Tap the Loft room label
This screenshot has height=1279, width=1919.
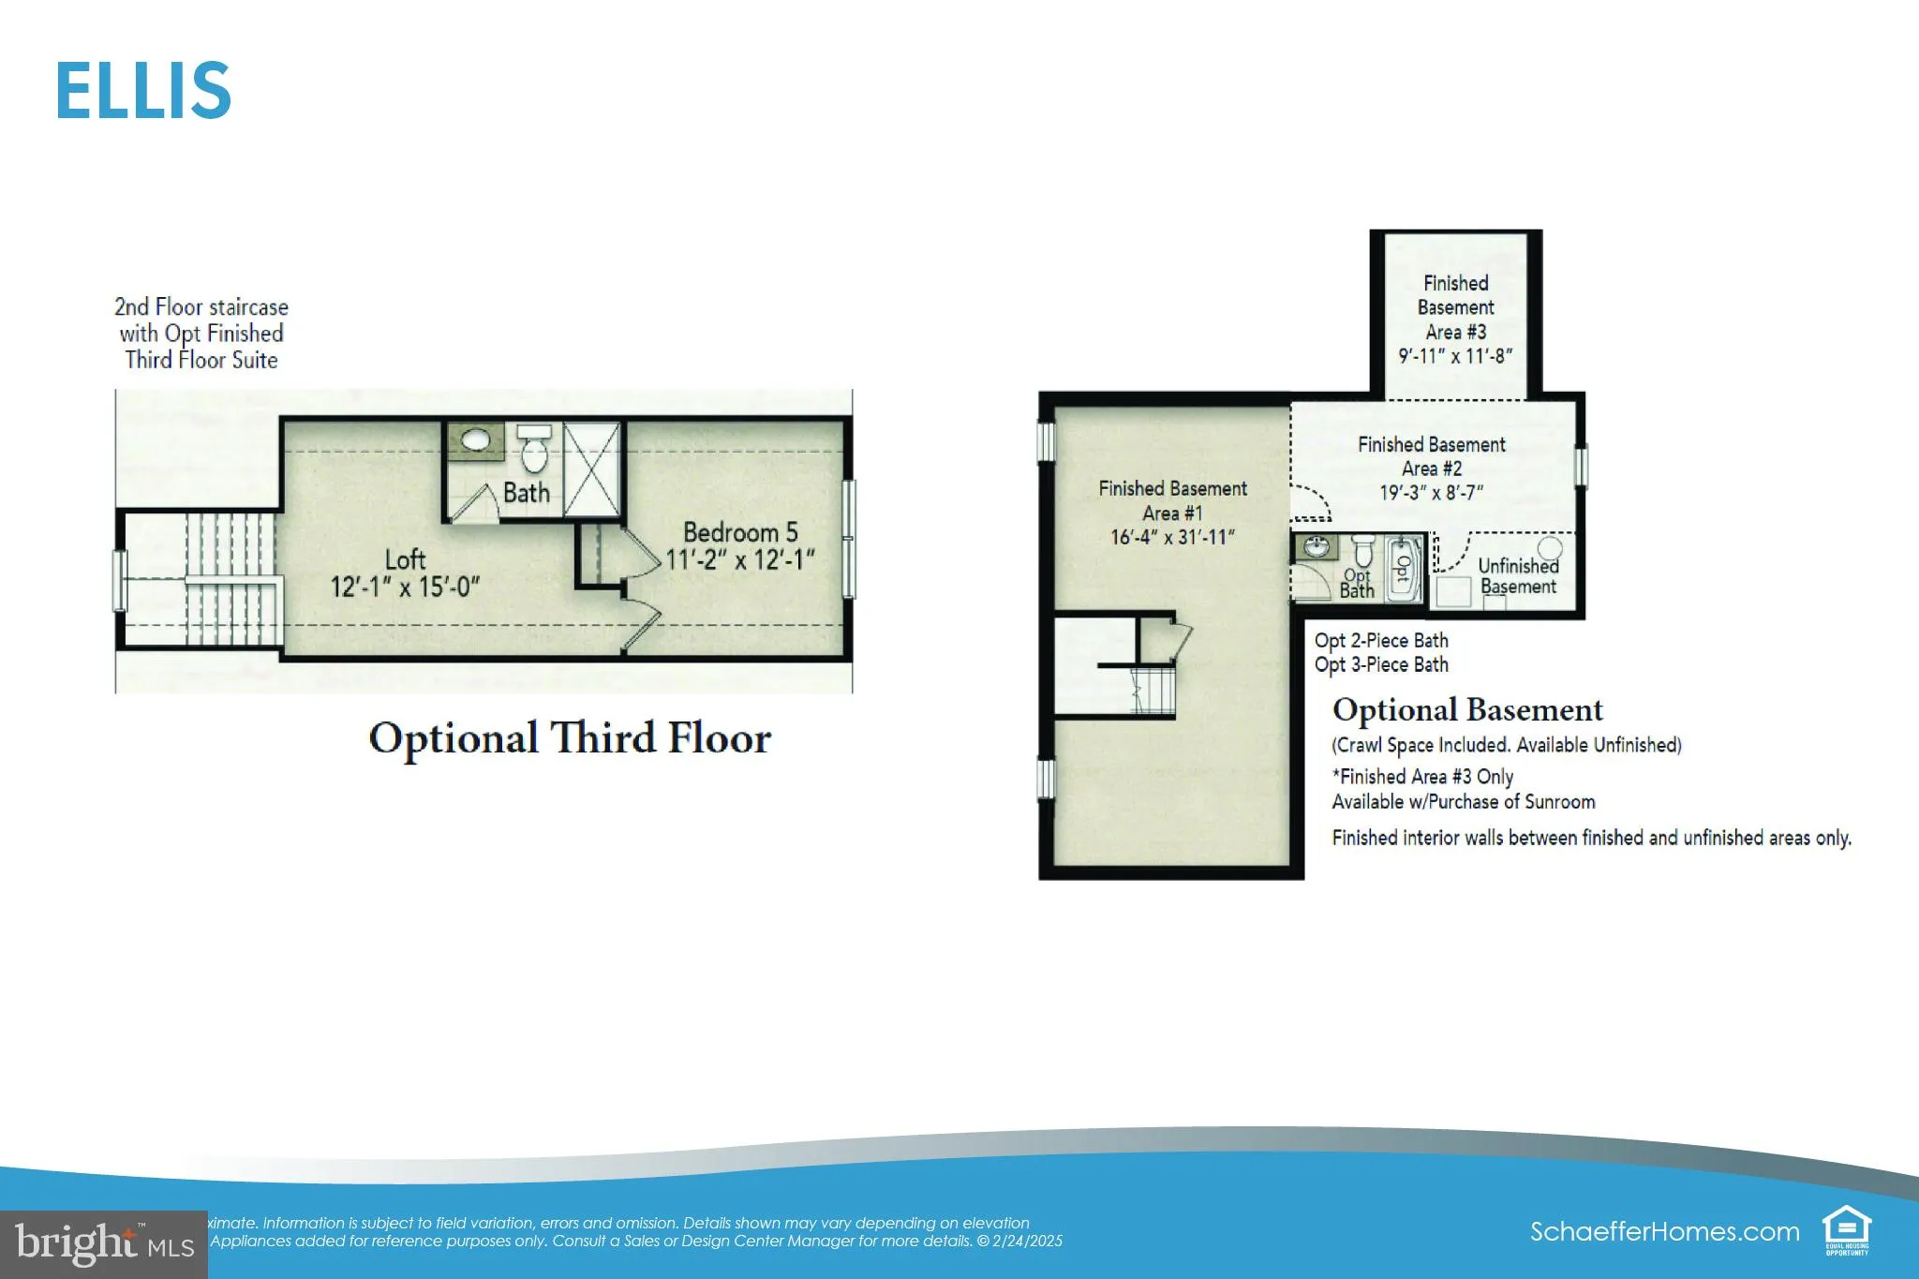pyautogui.click(x=405, y=560)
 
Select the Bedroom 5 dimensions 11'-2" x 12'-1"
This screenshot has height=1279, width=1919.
pyautogui.click(x=740, y=560)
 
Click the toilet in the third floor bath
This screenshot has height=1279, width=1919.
pyautogui.click(x=534, y=450)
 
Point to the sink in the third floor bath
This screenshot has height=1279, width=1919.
pyautogui.click(x=476, y=439)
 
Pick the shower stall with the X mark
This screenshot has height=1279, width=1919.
pyautogui.click(x=591, y=468)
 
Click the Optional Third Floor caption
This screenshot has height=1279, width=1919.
pyautogui.click(x=570, y=738)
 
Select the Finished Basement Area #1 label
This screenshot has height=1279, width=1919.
pyautogui.click(x=1172, y=500)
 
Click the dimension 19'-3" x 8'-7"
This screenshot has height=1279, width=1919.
pyautogui.click(x=1431, y=493)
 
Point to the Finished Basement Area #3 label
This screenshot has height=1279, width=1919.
pyautogui.click(x=1455, y=307)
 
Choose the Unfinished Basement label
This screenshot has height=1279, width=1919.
pyautogui.click(x=1518, y=576)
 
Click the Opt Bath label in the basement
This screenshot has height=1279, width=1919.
pyautogui.click(x=1356, y=584)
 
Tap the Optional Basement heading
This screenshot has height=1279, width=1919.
pyautogui.click(x=1467, y=710)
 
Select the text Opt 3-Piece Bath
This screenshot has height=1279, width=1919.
pyautogui.click(x=1381, y=665)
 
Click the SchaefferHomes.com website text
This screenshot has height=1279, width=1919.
pyautogui.click(x=1664, y=1231)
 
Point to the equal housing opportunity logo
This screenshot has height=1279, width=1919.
pyautogui.click(x=1846, y=1229)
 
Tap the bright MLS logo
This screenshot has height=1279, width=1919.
pyautogui.click(x=104, y=1244)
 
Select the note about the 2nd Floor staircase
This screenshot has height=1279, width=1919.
pyautogui.click(x=201, y=334)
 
